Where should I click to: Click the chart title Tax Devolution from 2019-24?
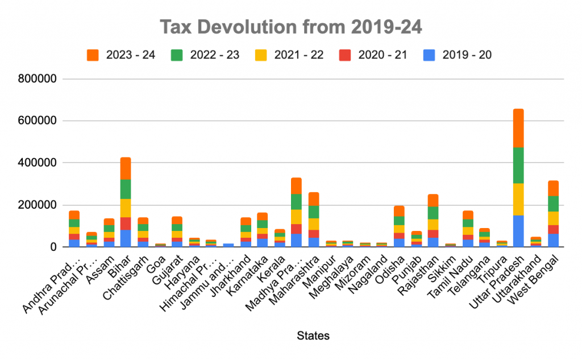pos(290,27)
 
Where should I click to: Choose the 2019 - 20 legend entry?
pos(458,55)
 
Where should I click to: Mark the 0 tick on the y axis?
pos(53,247)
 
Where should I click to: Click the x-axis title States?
pos(313,336)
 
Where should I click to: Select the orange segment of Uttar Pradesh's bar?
pos(518,128)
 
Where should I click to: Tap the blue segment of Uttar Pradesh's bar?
pos(518,231)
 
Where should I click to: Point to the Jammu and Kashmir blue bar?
pos(228,245)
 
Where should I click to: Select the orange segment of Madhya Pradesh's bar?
pos(296,185)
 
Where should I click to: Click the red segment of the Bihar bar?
pos(125,223)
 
